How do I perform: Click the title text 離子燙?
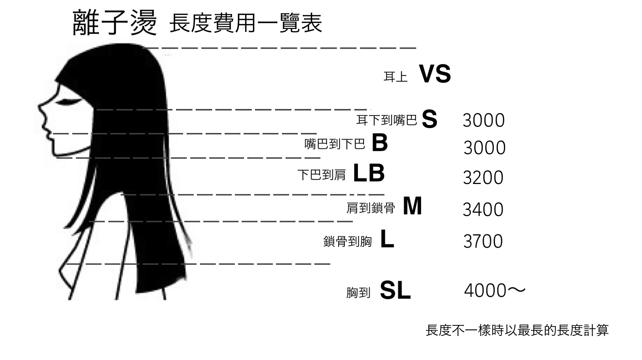pos(114,22)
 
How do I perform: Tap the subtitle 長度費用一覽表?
pos(246,23)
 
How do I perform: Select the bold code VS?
pos(435,74)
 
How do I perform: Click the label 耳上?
pos(395,77)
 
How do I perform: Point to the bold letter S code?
pos(429,119)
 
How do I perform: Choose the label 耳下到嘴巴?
pos(387,120)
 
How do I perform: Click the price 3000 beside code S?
pos(484,120)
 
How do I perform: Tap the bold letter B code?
pos(380,142)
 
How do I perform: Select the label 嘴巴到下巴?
pos(335,144)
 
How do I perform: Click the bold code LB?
pos(369,173)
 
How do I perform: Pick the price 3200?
pos(483,178)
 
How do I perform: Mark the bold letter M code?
pos(413,206)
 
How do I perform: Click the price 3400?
pos(483,210)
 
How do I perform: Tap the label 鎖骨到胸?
pos(347,241)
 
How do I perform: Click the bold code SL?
pos(395,290)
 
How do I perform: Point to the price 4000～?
pos(495,290)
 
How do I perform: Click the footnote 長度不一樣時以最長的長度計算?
pos(517,330)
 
